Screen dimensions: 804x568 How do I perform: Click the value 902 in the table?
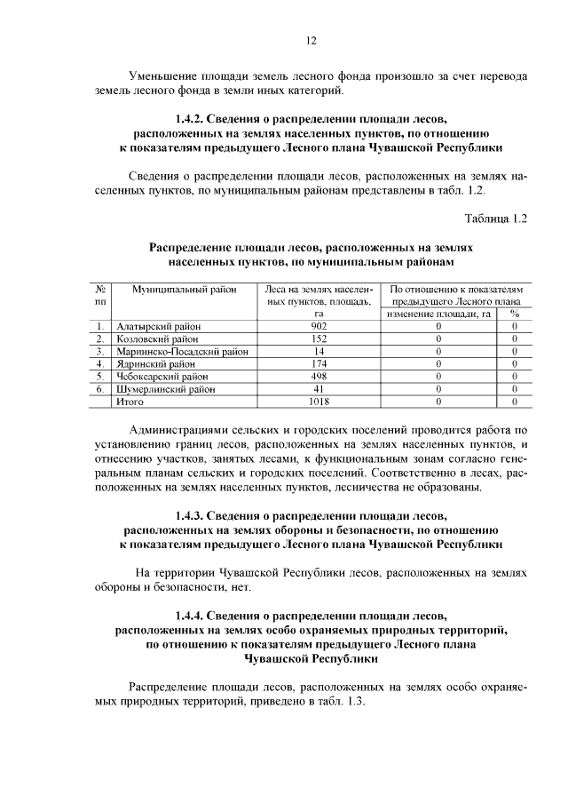(x=319, y=326)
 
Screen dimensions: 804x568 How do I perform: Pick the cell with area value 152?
(x=319, y=338)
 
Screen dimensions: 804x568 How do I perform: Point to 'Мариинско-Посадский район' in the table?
(x=183, y=351)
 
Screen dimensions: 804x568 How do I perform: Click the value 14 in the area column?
(x=319, y=351)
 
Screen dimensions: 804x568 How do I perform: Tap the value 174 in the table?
(x=319, y=363)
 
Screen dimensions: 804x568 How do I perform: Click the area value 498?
(x=319, y=376)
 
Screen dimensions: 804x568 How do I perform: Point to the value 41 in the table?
(x=319, y=388)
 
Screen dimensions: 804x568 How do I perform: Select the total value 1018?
(x=319, y=402)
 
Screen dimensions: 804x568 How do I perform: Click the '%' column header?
(x=514, y=314)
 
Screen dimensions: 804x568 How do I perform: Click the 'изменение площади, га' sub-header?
(x=438, y=314)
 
